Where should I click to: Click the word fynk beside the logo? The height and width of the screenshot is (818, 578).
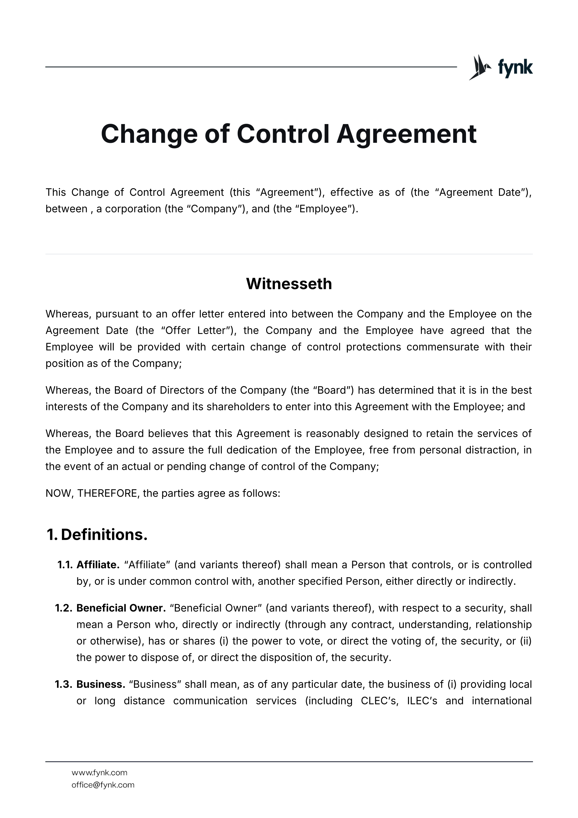point(515,67)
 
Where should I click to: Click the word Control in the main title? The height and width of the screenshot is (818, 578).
point(283,134)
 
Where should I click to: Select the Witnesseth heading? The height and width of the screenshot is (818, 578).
point(289,284)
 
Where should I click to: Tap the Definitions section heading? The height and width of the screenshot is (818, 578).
point(104,535)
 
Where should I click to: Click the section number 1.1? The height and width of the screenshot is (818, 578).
point(65,565)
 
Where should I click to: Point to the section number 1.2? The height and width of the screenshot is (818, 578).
point(64,608)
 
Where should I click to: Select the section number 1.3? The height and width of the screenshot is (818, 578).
point(64,684)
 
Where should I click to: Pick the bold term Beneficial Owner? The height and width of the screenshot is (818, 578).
point(121,608)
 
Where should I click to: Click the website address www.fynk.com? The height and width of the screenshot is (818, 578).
point(99,772)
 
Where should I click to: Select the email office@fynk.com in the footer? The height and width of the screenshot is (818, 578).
point(103,785)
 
